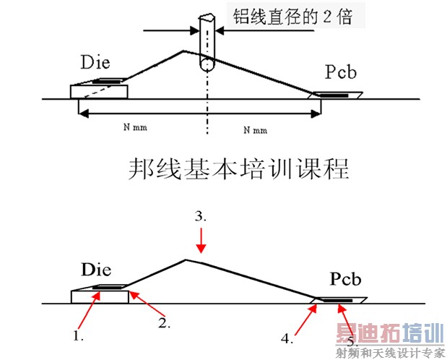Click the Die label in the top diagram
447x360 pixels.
tap(95, 62)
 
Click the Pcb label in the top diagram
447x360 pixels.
tap(341, 72)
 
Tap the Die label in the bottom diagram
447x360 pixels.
tap(96, 270)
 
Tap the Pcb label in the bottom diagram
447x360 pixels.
tap(345, 278)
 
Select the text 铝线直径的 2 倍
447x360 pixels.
tap(292, 17)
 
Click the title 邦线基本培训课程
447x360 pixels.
tap(239, 169)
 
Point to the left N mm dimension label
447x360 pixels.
tap(136, 127)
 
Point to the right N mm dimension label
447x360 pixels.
tap(256, 130)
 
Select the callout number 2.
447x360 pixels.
tap(165, 322)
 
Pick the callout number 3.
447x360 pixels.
tap(201, 216)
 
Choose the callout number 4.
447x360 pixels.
tap(287, 338)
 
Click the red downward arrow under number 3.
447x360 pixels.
tap(201, 241)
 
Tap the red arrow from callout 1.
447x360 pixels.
tap(89, 311)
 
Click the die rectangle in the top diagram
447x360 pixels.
tap(99, 92)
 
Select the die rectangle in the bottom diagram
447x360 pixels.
tap(100, 297)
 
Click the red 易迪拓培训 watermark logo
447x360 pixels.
tap(390, 333)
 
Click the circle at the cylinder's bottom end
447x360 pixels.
tap(207, 65)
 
